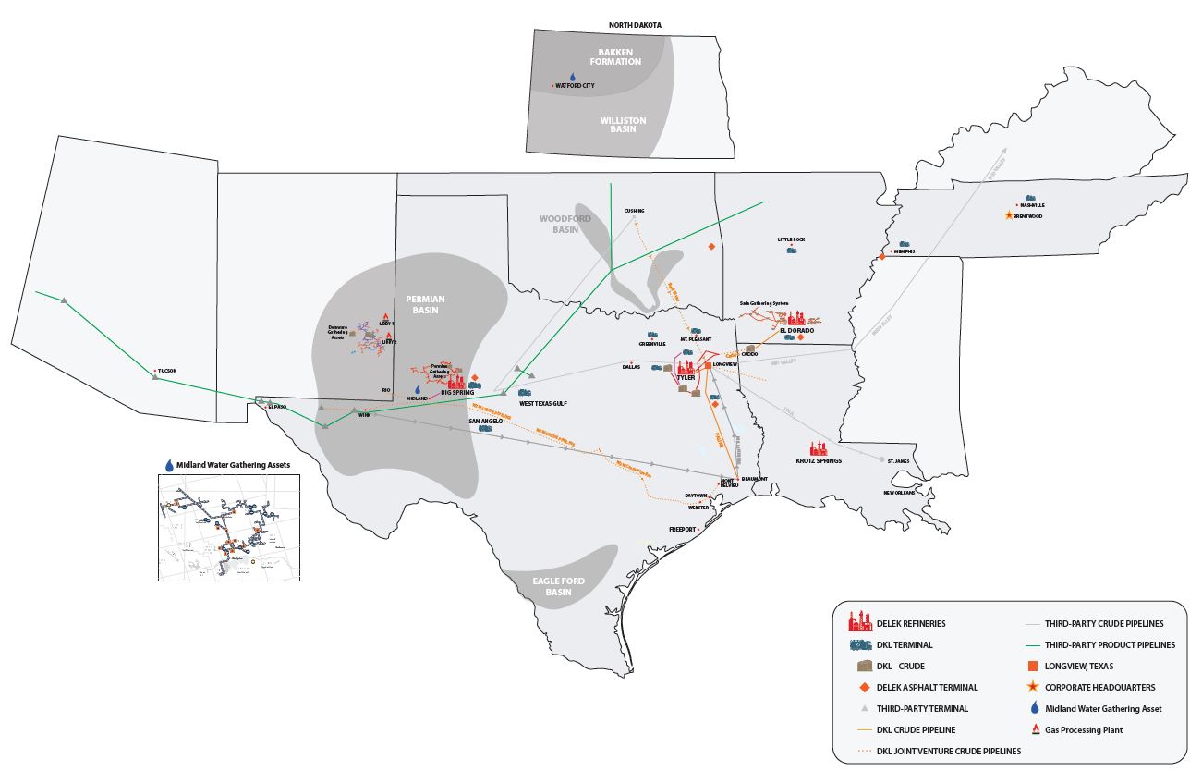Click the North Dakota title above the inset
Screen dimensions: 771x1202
click(x=635, y=25)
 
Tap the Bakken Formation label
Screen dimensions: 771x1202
click(x=618, y=56)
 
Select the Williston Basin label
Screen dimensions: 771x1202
click(x=623, y=126)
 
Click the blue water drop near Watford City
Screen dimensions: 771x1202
click(x=572, y=78)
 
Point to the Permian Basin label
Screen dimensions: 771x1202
click(x=425, y=304)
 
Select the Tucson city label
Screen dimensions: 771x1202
click(x=166, y=371)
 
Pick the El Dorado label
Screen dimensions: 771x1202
click(x=795, y=330)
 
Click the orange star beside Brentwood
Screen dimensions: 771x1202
click(x=1008, y=216)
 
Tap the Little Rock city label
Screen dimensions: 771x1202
click(x=791, y=239)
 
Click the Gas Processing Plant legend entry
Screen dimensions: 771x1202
click(x=1087, y=729)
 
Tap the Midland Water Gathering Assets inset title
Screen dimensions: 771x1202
click(x=227, y=464)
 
